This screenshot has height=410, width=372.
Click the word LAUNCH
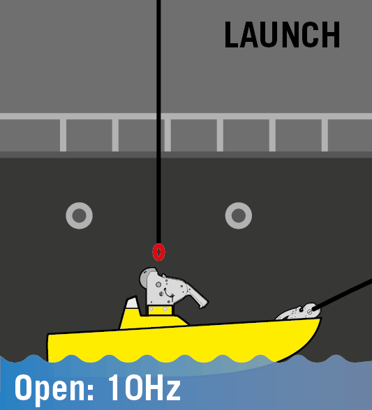(x=282, y=35)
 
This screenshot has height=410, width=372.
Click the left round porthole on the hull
(x=79, y=215)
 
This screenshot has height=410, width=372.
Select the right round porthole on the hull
(x=239, y=215)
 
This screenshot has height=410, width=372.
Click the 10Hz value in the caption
(x=144, y=387)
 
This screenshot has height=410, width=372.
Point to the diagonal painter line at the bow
(x=343, y=294)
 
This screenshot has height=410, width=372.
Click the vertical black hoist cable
(x=158, y=122)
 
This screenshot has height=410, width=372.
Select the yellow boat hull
(x=184, y=340)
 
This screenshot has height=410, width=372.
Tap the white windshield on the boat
(x=132, y=303)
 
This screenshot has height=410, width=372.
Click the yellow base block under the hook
(x=161, y=310)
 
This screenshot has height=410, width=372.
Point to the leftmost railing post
(x=63, y=135)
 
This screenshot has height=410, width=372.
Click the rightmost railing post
(x=325, y=135)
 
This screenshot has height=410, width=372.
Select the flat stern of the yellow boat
(x=48, y=348)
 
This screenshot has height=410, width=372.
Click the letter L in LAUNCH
(x=232, y=35)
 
